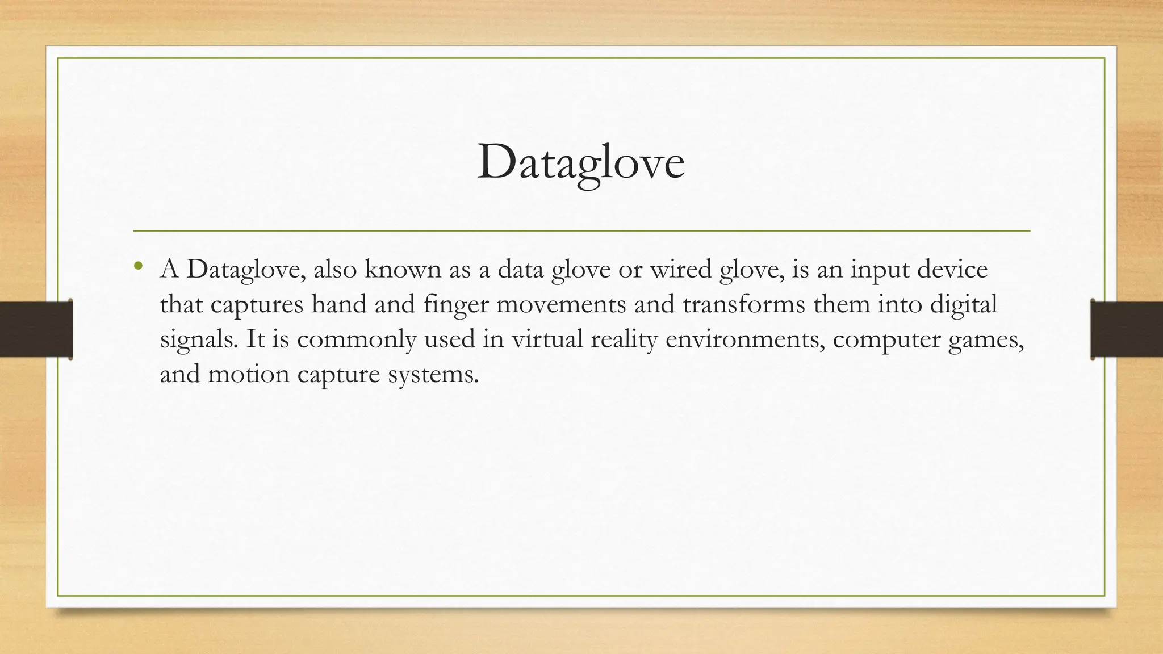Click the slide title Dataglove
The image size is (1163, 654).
click(581, 163)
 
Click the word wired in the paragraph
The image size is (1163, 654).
click(680, 269)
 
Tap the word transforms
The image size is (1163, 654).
click(743, 305)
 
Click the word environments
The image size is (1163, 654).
click(744, 339)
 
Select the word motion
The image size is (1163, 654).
click(249, 375)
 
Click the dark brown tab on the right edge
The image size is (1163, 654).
click(1127, 329)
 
